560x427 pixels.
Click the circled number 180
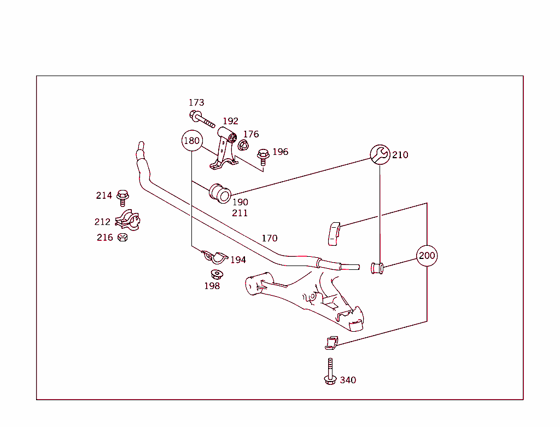[192, 141]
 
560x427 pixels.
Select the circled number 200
[427, 256]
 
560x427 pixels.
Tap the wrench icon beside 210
[380, 155]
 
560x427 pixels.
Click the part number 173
[196, 102]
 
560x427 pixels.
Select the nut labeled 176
[243, 145]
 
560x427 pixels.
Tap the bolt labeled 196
[263, 157]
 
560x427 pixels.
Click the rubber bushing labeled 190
[220, 193]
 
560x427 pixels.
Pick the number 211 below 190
[240, 213]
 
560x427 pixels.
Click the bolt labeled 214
[123, 196]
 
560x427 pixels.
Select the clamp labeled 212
[127, 221]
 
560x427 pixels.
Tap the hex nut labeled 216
[122, 238]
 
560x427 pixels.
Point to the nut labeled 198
[216, 274]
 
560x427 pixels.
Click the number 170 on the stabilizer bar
[269, 238]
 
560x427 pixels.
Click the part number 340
[348, 380]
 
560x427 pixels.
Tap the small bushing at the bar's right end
[377, 268]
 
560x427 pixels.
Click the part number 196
[280, 152]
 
